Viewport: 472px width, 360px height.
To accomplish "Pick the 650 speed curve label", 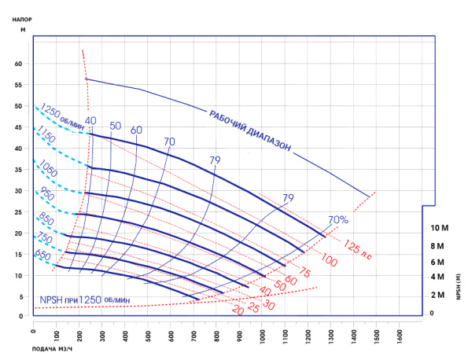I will coord(44,255).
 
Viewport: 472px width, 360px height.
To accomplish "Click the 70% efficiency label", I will coord(337,220).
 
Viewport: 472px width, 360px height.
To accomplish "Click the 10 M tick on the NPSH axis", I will coord(440,228).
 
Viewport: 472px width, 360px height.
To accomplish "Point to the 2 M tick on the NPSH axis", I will coord(438,295).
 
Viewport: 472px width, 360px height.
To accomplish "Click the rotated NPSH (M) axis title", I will coord(458,282).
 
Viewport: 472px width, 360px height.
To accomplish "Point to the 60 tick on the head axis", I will coord(19,64).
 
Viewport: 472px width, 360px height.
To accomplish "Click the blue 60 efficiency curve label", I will coord(137,130).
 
